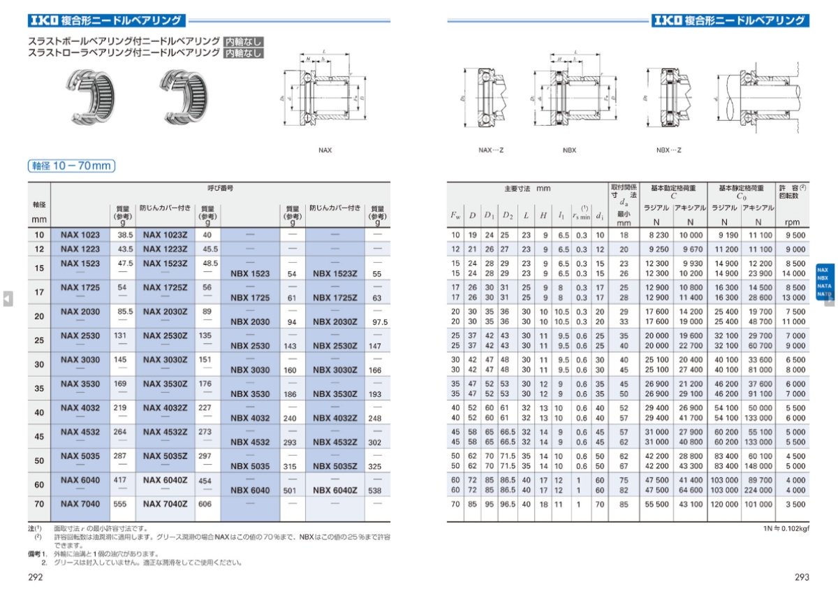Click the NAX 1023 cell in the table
[80, 236]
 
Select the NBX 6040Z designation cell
[335, 491]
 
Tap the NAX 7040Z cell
[166, 504]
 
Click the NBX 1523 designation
[250, 274]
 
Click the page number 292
[36, 577]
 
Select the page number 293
[802, 577]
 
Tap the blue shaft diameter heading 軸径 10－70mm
[71, 166]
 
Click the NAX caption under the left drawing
[325, 150]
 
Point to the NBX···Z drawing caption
[668, 150]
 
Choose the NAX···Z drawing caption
[491, 150]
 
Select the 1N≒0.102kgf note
[786, 529]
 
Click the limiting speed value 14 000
[793, 273]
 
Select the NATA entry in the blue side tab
[824, 287]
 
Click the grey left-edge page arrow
[7, 298]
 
